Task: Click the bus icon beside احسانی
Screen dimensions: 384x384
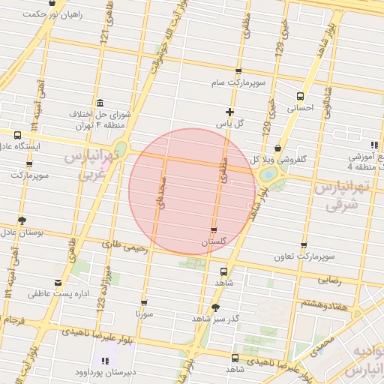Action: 301,96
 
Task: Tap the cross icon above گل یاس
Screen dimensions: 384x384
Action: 229,112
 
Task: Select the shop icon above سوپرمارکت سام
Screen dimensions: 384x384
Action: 238,72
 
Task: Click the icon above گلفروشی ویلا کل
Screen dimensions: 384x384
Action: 278,148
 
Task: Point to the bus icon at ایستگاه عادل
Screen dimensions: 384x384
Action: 17,135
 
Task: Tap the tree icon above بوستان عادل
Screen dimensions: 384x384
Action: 22,220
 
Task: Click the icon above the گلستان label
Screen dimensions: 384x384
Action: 214,230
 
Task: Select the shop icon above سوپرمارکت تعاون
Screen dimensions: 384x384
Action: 303,245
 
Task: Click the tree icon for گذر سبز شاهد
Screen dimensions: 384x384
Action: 216,307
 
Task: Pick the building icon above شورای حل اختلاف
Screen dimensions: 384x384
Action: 100,103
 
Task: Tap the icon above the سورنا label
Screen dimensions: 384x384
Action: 144,303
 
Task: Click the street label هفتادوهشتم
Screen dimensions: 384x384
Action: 323,303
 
